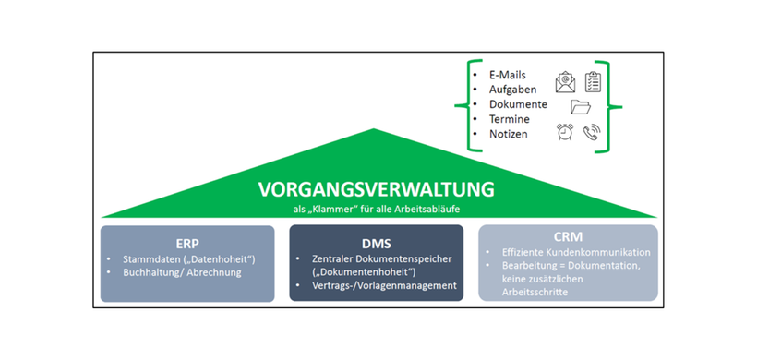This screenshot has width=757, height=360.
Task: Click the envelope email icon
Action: click(565, 81)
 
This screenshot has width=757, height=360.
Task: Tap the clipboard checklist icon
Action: click(593, 81)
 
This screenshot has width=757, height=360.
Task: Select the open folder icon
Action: click(581, 107)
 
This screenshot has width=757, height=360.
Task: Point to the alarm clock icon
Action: click(565, 133)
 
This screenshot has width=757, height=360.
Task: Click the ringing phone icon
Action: click(593, 133)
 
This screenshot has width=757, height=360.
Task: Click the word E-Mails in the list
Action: click(507, 74)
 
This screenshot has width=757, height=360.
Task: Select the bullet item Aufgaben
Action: click(512, 90)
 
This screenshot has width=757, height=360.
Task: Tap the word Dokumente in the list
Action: click(518, 104)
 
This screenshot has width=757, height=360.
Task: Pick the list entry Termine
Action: click(510, 119)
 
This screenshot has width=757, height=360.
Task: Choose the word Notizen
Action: click(510, 135)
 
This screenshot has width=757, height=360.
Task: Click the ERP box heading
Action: click(187, 237)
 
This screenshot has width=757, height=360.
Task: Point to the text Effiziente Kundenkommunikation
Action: click(576, 252)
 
